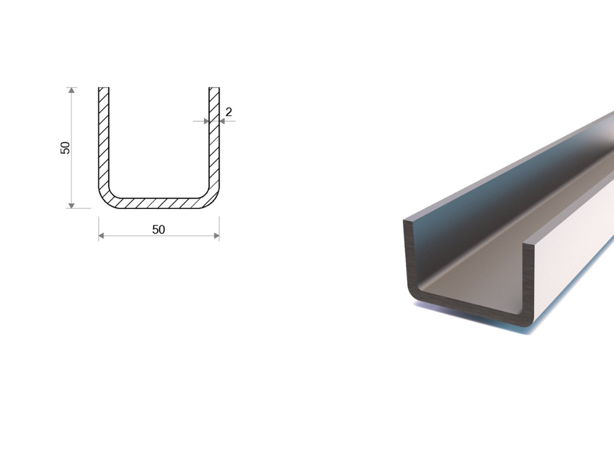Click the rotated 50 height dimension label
coord(65,148)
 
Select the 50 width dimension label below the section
coord(158,229)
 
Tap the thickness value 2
coord(228,112)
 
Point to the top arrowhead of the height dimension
coord(71,91)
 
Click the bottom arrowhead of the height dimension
coord(71,205)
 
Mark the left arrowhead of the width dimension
coord(102,236)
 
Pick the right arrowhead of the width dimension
coord(216,236)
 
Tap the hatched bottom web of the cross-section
coord(159,203)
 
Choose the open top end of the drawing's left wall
coord(104,89)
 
